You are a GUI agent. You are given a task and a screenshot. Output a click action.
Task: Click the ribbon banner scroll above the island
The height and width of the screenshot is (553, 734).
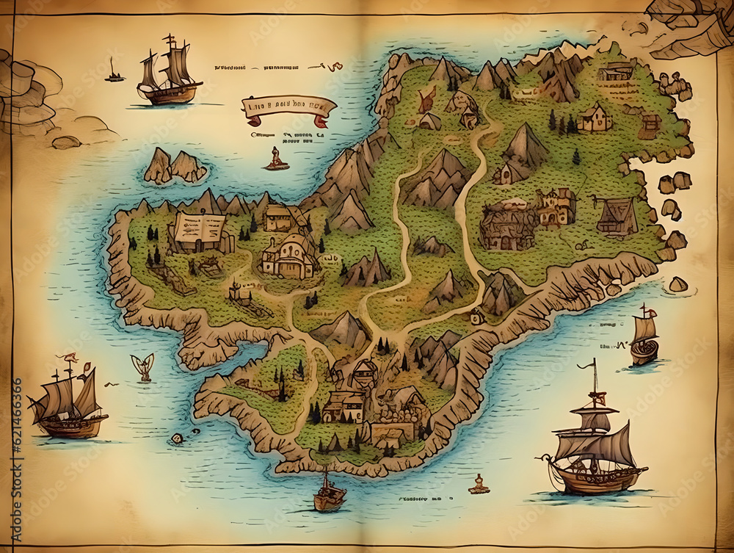pyautogui.click(x=288, y=108)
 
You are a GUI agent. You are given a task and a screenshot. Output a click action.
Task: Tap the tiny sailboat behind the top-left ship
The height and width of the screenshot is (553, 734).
pyautogui.click(x=114, y=72)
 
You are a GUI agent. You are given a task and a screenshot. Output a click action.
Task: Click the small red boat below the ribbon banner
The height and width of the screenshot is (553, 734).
pyautogui.click(x=277, y=159)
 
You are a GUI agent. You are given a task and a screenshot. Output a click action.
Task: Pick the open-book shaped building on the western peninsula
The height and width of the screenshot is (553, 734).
pyautogui.click(x=199, y=231)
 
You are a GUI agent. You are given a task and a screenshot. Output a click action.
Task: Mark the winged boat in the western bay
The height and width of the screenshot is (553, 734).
pyautogui.click(x=143, y=366)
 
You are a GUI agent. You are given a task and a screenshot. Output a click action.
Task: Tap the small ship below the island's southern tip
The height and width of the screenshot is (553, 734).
pyautogui.click(x=329, y=493)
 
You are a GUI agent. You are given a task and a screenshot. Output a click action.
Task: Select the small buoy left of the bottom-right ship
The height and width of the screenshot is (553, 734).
pyautogui.click(x=479, y=484)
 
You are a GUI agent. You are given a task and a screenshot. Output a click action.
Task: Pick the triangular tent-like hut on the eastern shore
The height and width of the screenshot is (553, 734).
pyautogui.click(x=617, y=217)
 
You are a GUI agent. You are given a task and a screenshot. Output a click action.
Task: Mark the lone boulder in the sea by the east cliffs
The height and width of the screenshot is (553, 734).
pyautogui.click(x=677, y=284)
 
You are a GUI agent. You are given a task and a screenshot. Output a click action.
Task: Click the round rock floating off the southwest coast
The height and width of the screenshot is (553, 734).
pyautogui.click(x=177, y=438)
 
